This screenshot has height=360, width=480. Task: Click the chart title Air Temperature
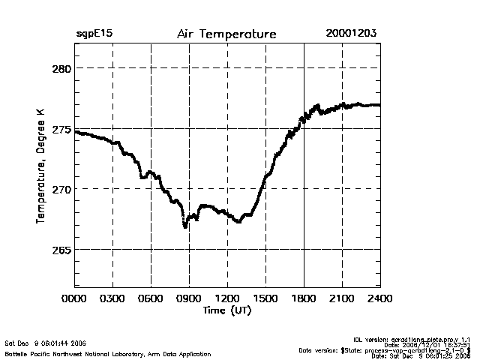pos(226,34)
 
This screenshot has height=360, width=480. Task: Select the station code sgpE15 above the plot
pos(94,34)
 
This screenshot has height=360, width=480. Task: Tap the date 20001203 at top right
pos(351,34)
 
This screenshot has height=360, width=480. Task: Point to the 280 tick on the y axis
pos(61,68)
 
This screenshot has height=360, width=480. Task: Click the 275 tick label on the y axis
pos(61,129)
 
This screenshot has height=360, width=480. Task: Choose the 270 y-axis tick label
pos(61,189)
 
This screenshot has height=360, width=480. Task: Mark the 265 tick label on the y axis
pos(61,250)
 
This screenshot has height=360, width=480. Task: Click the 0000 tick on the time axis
pos(75,298)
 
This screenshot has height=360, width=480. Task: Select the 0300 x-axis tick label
pos(113,298)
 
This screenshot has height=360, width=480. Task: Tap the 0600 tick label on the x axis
pos(151,298)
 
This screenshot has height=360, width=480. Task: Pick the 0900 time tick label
pos(190,298)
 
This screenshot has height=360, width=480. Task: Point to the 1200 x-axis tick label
pos(228,298)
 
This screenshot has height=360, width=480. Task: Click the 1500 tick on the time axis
pos(266,298)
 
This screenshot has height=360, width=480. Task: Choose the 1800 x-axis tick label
pos(304,298)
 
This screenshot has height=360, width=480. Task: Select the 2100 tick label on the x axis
pos(342,298)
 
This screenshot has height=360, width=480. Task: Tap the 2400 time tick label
pos(379,298)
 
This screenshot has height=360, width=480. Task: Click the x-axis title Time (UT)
pos(227,310)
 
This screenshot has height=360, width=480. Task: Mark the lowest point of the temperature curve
pos(185,226)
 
